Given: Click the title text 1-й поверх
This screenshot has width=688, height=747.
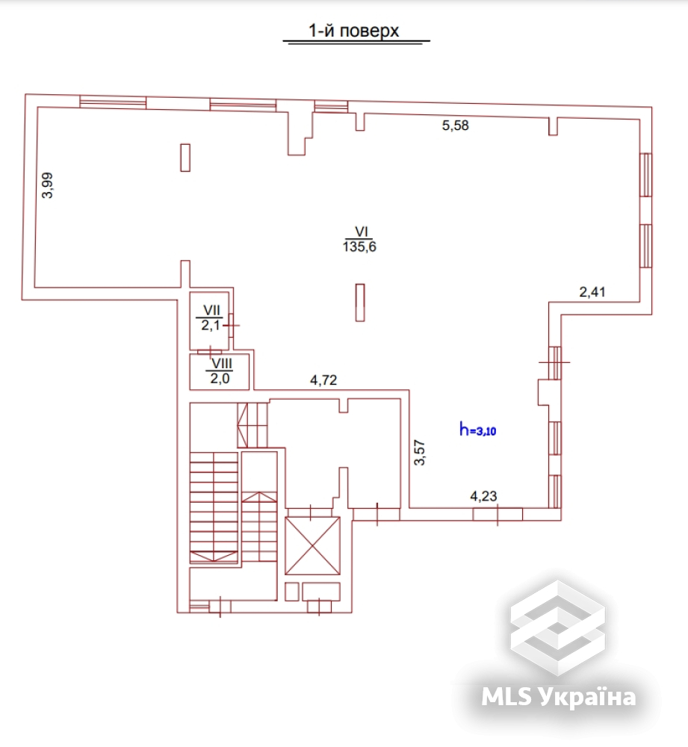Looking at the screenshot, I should pos(355,31).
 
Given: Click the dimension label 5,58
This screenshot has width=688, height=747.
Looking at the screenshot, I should pos(456,125).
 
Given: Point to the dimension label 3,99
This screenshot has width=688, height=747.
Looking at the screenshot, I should pos(48,185).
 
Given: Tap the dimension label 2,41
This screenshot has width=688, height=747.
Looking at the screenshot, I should pos(594,292).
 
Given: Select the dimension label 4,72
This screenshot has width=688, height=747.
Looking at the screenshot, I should pos(323,379).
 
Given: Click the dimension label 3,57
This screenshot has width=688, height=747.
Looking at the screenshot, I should pos(421,452).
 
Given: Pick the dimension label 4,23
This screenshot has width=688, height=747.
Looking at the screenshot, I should pos(483,495).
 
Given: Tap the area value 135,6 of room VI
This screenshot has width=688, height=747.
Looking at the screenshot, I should pos(359,247).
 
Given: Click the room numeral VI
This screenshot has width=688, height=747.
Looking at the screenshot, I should pos(359,232).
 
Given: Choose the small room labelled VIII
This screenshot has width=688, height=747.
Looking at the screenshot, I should pos(220,371).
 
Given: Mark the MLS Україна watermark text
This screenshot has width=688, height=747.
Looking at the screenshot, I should pos(559,697).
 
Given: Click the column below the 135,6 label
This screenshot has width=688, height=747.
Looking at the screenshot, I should pos(360,303).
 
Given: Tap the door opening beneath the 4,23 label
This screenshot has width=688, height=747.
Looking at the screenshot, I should pos(497,514).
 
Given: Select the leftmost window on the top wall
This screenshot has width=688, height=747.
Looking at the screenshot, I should pos(112,102).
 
